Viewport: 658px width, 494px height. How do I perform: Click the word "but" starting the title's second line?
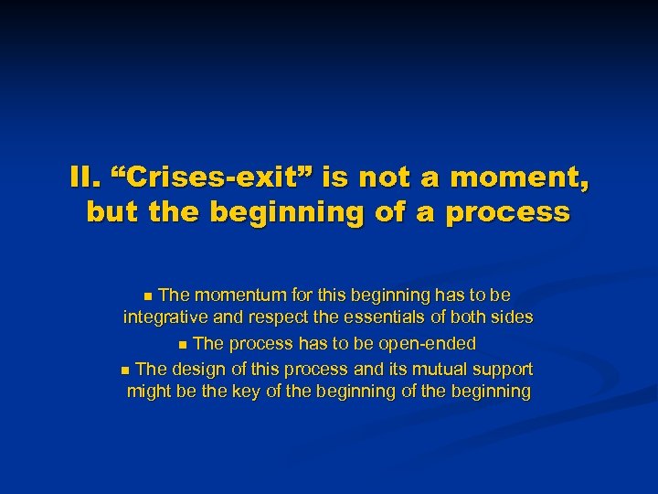[111, 212]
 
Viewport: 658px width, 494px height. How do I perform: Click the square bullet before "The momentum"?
[150, 296]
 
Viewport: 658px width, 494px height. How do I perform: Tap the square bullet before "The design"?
[125, 370]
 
